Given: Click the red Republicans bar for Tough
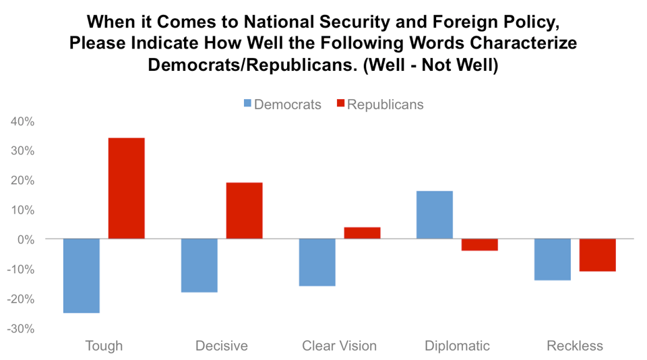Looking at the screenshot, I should point(127,188).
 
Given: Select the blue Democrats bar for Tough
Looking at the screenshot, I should point(82,276).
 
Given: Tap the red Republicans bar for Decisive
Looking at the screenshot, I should point(244,210).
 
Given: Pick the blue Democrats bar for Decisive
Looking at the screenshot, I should point(199,266).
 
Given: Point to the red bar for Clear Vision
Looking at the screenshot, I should point(362,233).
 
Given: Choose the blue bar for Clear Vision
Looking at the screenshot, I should point(317,262).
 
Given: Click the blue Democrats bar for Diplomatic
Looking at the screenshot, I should point(435,214).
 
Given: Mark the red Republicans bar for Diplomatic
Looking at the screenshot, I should point(480,245).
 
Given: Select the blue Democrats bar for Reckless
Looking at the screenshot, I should point(553,260).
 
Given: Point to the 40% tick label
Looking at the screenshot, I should point(22,122).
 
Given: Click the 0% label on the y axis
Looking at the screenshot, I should point(26,239).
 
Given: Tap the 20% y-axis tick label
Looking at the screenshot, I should point(22,181).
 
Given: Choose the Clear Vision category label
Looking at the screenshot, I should point(339,347).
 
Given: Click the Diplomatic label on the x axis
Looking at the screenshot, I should point(458,347).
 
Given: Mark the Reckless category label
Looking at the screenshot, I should point(575,347).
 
